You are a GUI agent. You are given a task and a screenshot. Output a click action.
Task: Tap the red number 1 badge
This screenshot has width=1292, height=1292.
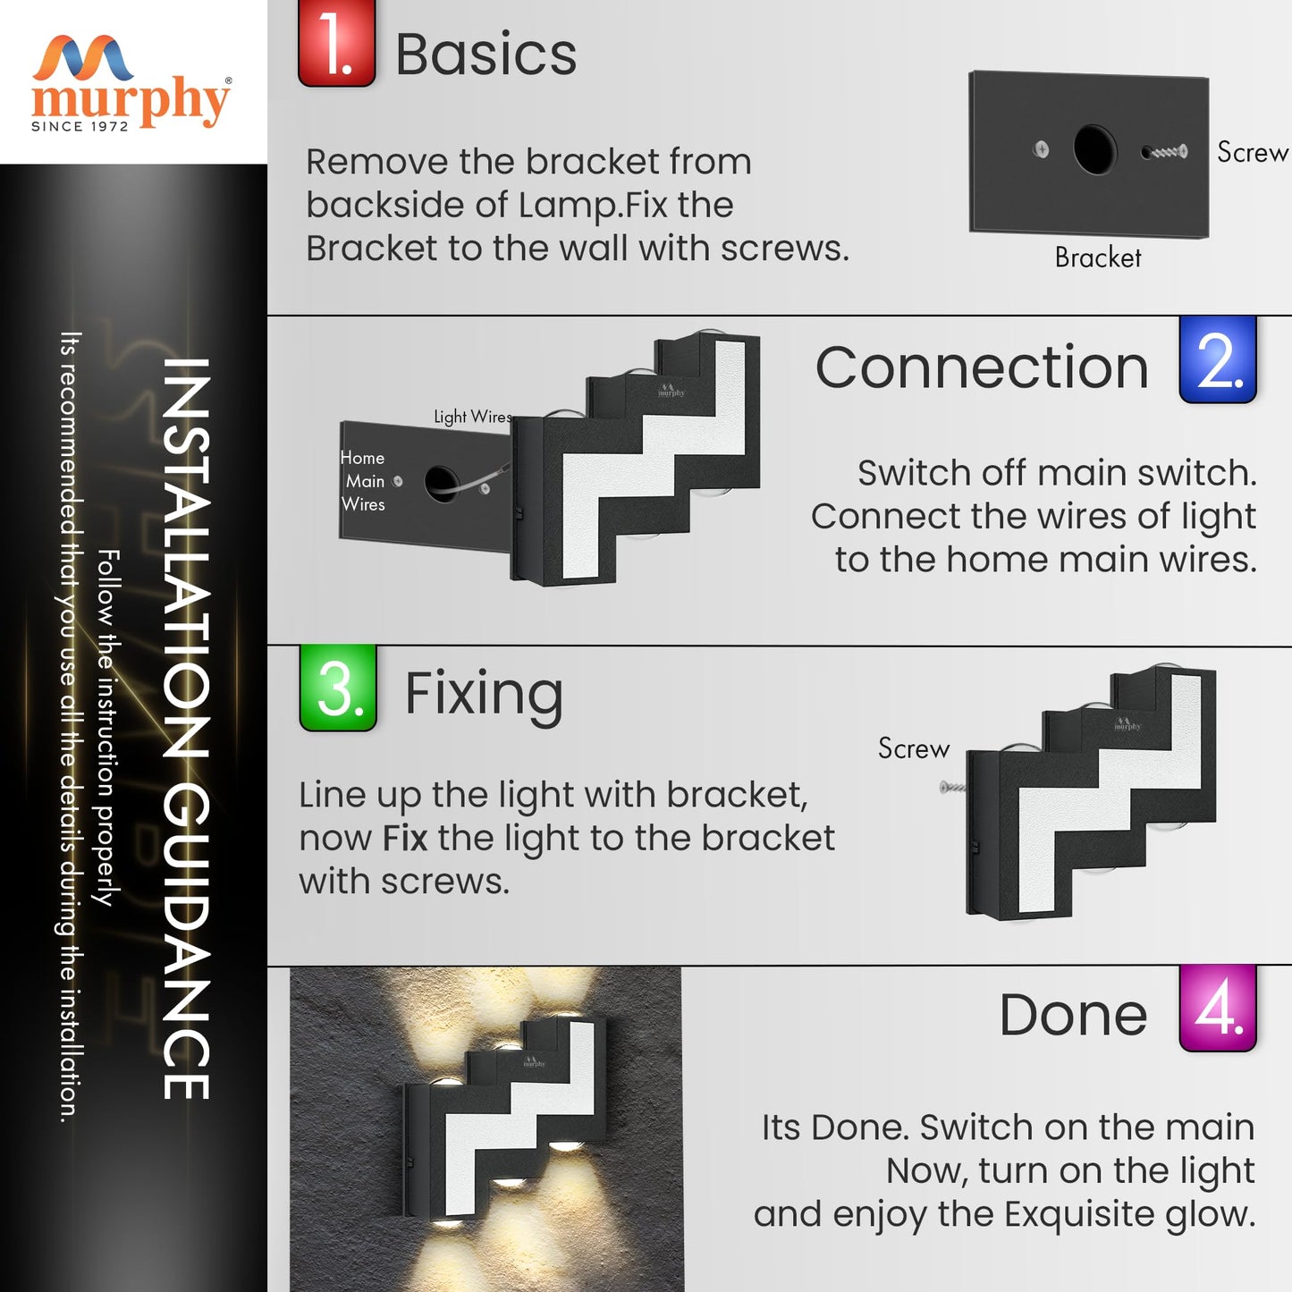[x=336, y=45]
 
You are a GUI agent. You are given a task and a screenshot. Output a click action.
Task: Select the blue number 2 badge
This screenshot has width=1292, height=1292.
[x=1218, y=360]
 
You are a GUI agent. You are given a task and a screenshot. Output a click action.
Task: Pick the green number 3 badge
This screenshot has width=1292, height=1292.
[x=338, y=688]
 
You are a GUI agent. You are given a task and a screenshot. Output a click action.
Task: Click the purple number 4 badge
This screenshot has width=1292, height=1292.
[x=1218, y=1009]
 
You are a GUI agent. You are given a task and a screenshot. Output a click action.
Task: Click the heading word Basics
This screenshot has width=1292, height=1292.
[x=486, y=55]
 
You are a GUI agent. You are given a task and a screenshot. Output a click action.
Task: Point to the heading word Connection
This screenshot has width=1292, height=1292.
[x=981, y=367]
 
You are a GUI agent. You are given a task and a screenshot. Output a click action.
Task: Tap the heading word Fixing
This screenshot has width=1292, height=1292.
[x=484, y=694]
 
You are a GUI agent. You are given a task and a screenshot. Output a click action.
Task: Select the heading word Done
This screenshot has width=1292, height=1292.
[x=1073, y=1015]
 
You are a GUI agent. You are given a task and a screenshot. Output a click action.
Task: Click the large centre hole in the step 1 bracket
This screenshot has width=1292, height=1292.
[x=1094, y=149]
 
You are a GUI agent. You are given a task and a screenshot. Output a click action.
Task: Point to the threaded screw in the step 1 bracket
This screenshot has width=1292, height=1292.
[x=1165, y=152]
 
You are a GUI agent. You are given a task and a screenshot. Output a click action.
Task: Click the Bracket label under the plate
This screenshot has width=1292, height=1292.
[x=1097, y=258]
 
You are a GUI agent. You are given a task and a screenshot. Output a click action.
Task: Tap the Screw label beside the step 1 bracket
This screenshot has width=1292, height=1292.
[x=1252, y=153]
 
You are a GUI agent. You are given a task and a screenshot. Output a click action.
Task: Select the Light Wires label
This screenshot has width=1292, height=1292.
[x=472, y=417]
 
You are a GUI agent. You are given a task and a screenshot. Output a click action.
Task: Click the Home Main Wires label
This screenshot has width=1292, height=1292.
[x=363, y=481]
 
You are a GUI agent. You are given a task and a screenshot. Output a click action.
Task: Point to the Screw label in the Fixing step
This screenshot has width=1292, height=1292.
[x=913, y=748]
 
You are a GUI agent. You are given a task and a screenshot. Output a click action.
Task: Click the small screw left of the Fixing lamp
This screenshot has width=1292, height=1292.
[x=952, y=787]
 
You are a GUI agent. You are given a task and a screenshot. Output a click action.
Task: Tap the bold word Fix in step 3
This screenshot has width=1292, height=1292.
[x=405, y=839]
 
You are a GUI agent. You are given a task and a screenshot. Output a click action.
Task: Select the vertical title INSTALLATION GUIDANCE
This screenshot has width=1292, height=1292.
[x=186, y=729]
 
